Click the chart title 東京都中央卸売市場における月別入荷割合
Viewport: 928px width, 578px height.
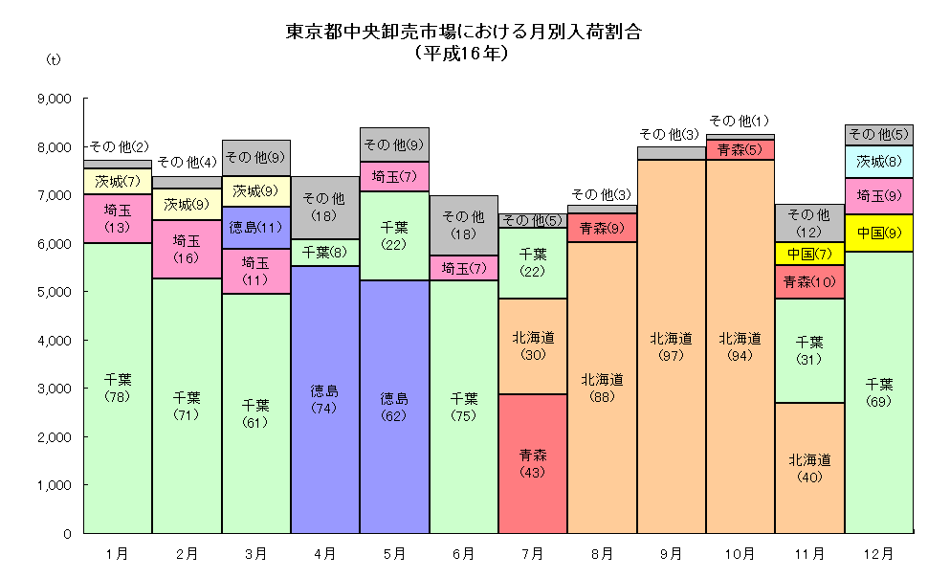click(x=463, y=32)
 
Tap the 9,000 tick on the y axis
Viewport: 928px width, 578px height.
click(x=53, y=99)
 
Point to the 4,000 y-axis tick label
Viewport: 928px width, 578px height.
click(x=53, y=341)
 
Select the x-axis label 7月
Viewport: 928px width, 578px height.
click(x=532, y=553)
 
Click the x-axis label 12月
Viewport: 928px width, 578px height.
click(x=877, y=553)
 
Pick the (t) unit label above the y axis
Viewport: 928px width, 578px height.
click(x=53, y=59)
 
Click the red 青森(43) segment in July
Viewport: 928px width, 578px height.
click(x=532, y=464)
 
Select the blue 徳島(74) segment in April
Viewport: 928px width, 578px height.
click(x=325, y=399)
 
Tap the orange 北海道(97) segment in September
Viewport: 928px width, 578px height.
click(x=671, y=346)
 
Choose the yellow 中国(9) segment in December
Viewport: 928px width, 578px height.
click(x=877, y=233)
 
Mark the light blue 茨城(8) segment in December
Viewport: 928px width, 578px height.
click(x=877, y=162)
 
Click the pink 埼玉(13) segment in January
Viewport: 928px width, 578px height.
click(x=118, y=219)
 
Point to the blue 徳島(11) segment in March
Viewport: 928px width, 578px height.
click(x=256, y=228)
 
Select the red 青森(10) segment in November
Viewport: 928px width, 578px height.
click(x=808, y=281)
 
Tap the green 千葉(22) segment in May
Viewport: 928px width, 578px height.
click(x=394, y=235)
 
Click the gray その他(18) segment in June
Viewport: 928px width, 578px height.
click(x=463, y=226)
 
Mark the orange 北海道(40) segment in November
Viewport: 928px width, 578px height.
click(x=808, y=468)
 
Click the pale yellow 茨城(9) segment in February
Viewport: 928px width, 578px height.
click(x=188, y=204)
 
